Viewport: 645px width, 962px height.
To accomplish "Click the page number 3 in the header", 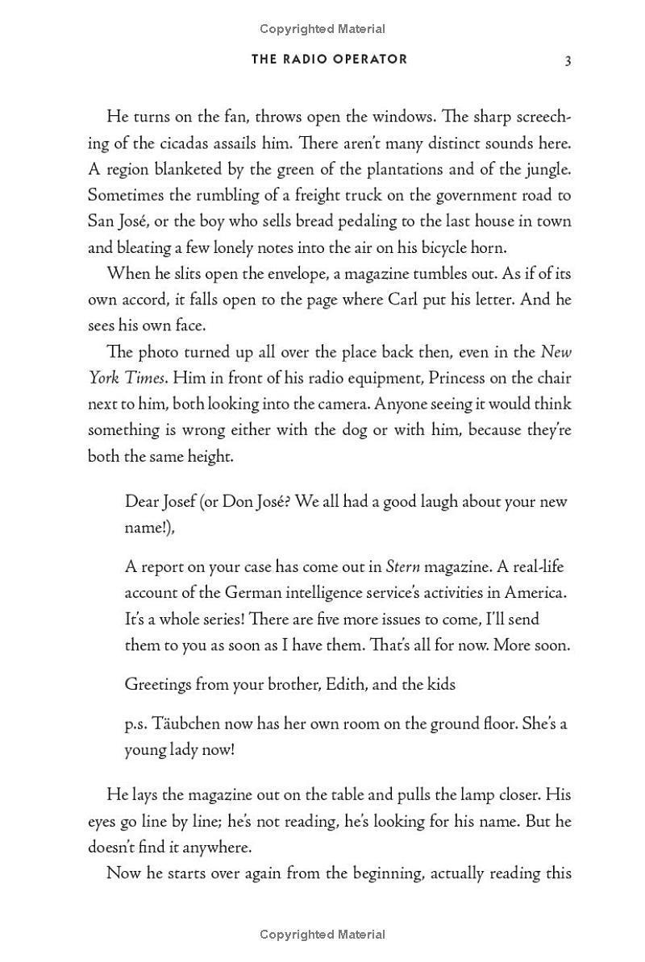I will click(568, 60).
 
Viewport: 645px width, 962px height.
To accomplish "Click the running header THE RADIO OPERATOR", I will click(329, 60).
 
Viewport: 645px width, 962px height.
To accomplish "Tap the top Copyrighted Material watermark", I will click(322, 29).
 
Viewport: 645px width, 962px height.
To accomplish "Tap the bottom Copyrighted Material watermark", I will click(322, 935).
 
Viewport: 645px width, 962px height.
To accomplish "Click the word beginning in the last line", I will click(374, 873).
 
